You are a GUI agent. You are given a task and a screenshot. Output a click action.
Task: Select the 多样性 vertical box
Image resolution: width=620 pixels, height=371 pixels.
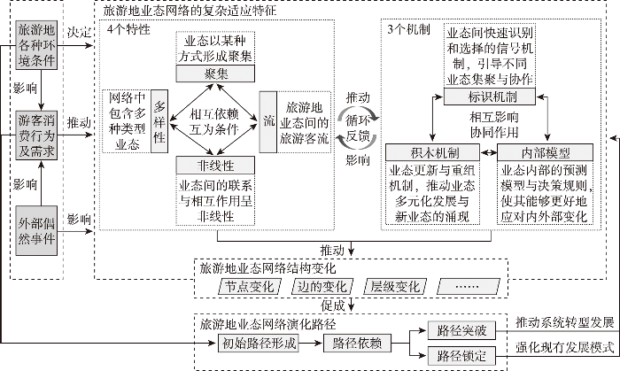[x=159, y=120]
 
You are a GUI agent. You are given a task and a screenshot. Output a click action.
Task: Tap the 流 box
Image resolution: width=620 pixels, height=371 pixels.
[x=268, y=120]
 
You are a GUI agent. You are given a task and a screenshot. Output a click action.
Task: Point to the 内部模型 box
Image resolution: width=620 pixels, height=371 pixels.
[x=539, y=152]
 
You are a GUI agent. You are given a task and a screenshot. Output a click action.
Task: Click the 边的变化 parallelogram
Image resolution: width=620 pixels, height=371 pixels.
[x=321, y=286]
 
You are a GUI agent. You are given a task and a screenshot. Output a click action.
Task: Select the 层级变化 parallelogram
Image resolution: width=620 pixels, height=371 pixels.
[x=395, y=286]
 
